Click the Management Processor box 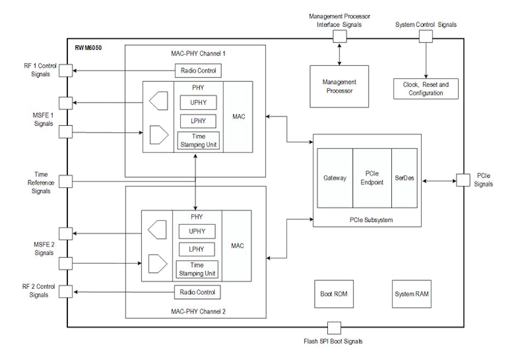pyautogui.click(x=339, y=86)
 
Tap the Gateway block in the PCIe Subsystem pyautogui.click(x=334, y=178)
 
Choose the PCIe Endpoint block pyautogui.click(x=372, y=178)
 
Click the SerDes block pyautogui.click(x=405, y=178)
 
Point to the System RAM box pyautogui.click(x=412, y=294)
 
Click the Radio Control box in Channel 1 pyautogui.click(x=198, y=71)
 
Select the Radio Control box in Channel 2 pyautogui.click(x=198, y=292)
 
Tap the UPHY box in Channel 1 pyautogui.click(x=198, y=102)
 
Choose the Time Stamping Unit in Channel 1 pyautogui.click(x=198, y=140)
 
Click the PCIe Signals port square pyautogui.click(x=463, y=180)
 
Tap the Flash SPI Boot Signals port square pyautogui.click(x=333, y=328)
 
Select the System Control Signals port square pyautogui.click(x=425, y=36)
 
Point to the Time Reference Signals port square pyautogui.click(x=66, y=182)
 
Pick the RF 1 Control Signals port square pyautogui.click(x=66, y=71)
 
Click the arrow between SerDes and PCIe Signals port pyautogui.click(x=437, y=180)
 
